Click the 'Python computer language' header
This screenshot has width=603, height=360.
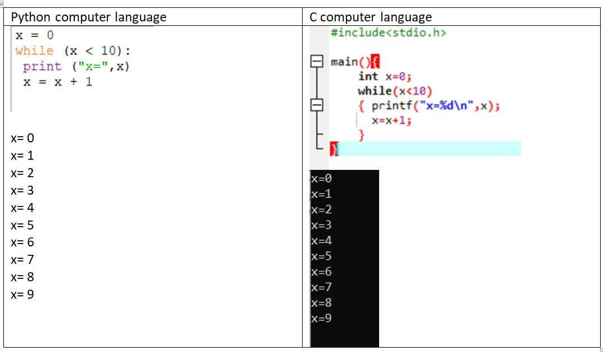pos(89,17)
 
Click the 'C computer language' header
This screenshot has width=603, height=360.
pos(371,17)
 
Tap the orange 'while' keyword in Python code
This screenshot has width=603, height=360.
pos(34,51)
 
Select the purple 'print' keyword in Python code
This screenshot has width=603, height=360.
pos(42,66)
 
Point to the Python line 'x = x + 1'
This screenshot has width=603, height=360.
pos(57,82)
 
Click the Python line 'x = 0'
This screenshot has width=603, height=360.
pos(34,35)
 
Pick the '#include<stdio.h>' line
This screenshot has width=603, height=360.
pos(388,33)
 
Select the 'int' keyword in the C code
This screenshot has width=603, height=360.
pos(368,76)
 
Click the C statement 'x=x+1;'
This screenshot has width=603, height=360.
pos(391,120)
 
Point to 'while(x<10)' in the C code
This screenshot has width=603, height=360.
pos(394,91)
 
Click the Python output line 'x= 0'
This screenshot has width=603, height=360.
pos(22,138)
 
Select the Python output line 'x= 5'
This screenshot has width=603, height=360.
pos(22,225)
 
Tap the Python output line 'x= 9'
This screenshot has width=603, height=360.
pos(22,294)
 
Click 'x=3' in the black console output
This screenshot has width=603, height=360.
pos(321,226)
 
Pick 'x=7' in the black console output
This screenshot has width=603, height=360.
pos(321,287)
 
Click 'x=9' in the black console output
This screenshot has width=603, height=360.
pos(321,319)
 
